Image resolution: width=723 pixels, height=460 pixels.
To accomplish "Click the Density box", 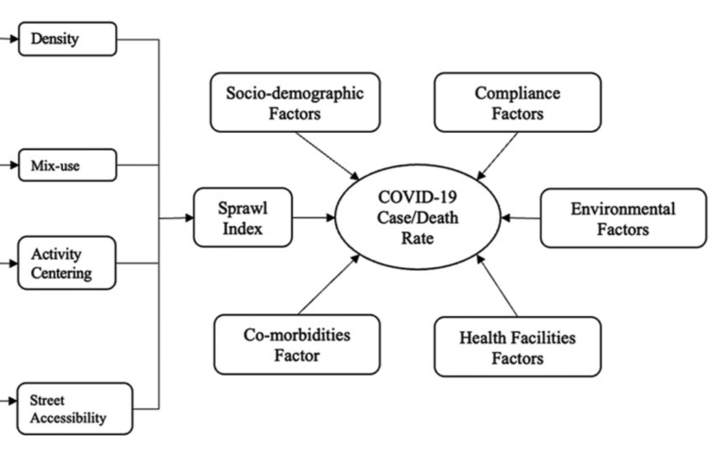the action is click(68, 39).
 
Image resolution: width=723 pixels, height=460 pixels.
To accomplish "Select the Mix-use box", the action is click(68, 165).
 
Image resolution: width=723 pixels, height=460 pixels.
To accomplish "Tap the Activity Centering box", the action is click(67, 263).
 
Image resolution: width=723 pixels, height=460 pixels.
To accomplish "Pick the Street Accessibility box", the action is click(74, 409).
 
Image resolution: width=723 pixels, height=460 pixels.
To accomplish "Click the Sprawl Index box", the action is click(243, 217).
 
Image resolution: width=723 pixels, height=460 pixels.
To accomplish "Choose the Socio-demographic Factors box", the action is click(295, 103).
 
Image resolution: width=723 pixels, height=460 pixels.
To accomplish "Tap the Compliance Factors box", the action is click(518, 103).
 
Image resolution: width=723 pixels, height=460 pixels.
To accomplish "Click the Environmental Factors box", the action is click(623, 218).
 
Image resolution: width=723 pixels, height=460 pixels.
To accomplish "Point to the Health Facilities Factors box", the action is click(518, 346).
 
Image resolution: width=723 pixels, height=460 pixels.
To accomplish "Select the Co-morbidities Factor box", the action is click(297, 345).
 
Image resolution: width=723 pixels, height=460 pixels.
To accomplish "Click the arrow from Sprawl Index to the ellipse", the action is click(314, 217).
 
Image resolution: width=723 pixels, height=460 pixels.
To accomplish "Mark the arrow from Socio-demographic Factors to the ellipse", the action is click(328, 156).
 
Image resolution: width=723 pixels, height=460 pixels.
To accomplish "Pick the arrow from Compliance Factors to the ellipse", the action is click(497, 156).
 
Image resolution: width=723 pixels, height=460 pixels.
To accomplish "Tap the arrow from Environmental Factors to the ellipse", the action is click(521, 217).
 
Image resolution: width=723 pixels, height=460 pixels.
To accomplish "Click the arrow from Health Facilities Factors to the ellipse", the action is click(497, 285).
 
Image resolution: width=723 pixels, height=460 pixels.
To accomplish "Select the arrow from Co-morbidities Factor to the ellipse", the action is click(329, 284).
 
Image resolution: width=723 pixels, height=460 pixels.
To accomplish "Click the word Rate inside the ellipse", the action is click(418, 238).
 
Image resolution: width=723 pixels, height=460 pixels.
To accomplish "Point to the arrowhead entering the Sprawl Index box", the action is click(189, 217).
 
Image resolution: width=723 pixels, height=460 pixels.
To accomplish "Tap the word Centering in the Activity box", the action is click(61, 274).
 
